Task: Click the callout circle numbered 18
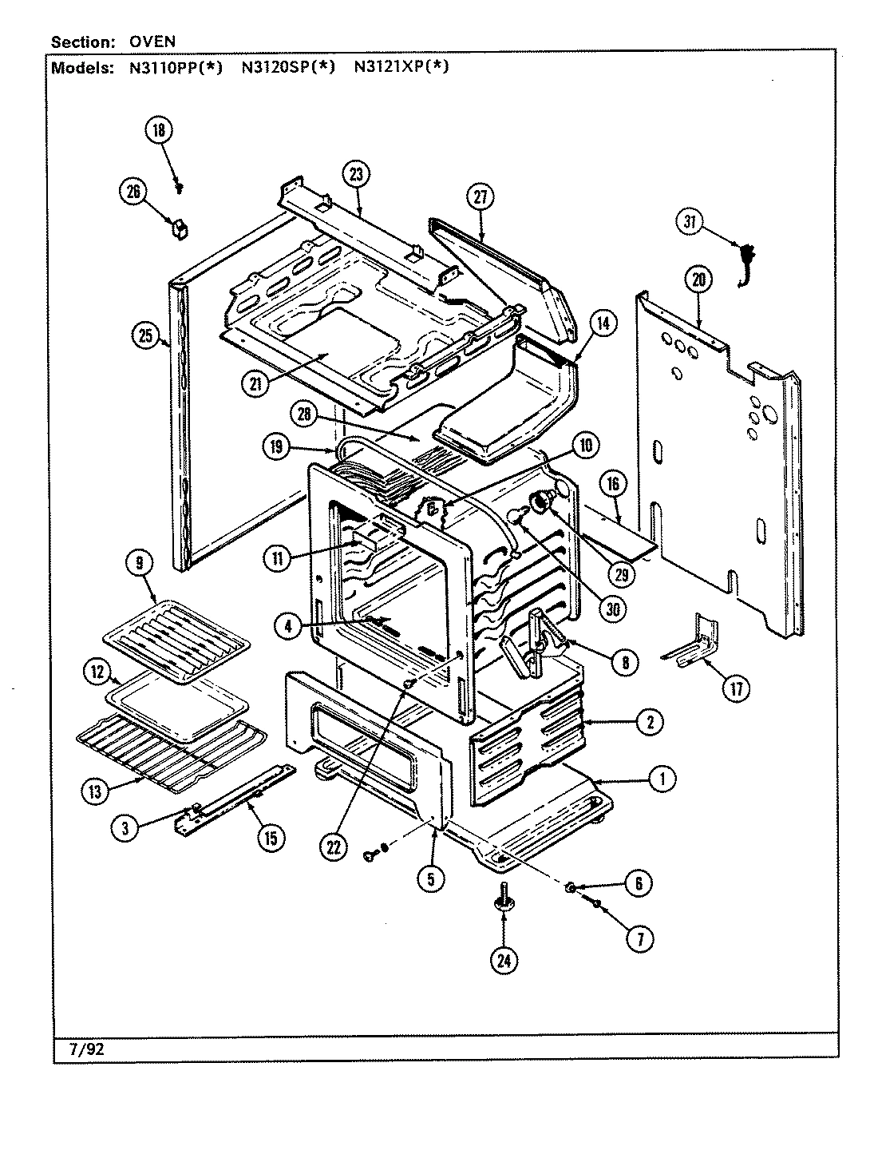[x=159, y=130]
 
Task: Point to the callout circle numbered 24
[x=503, y=960]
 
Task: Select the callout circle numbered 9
[x=139, y=564]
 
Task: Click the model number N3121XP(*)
[x=401, y=67]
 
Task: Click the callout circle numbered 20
[x=698, y=280]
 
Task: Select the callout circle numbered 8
[x=625, y=661]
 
